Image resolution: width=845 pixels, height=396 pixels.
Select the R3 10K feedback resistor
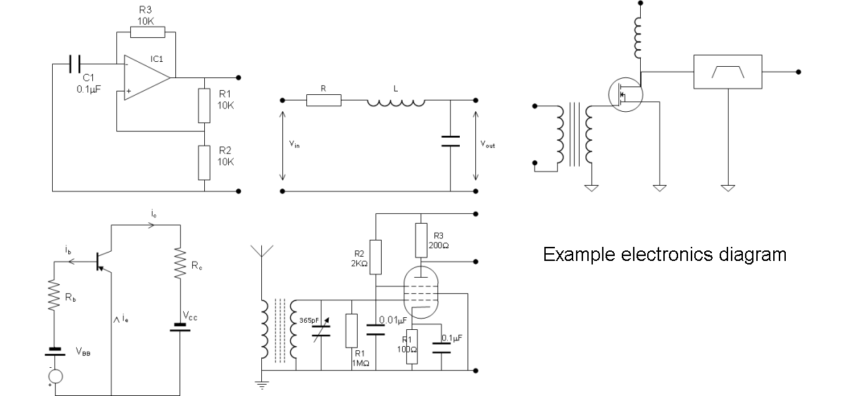(148, 32)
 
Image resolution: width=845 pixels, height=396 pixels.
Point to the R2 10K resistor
(204, 161)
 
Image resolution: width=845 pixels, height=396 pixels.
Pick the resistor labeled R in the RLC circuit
(324, 101)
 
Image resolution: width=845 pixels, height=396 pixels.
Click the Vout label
(488, 144)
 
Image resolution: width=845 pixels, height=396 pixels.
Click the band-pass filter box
(727, 72)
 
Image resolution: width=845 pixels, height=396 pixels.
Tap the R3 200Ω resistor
(420, 240)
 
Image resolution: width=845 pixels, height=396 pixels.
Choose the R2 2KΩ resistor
(375, 257)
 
